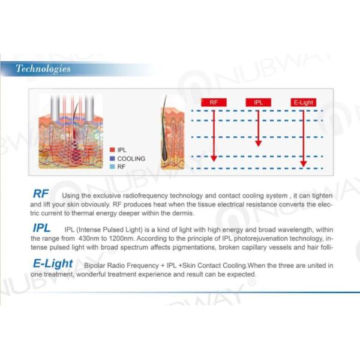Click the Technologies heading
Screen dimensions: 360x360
click(x=43, y=68)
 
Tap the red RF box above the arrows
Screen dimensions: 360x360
click(x=214, y=103)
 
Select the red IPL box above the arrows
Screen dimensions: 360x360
click(x=258, y=103)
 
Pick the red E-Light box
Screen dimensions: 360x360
click(x=303, y=103)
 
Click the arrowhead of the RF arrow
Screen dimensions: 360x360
click(x=214, y=158)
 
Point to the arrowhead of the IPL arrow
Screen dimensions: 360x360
click(x=258, y=143)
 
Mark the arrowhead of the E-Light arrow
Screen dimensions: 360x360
click(x=303, y=164)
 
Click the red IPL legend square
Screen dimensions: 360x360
click(x=112, y=150)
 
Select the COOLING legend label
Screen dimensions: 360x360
click(x=131, y=158)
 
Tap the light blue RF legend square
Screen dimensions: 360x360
click(x=112, y=167)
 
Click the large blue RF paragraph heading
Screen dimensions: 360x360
click(x=41, y=194)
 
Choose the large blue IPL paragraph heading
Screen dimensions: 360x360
click(x=41, y=228)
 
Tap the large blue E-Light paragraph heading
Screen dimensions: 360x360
click(x=53, y=263)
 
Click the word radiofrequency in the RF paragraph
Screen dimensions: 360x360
click(x=145, y=196)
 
